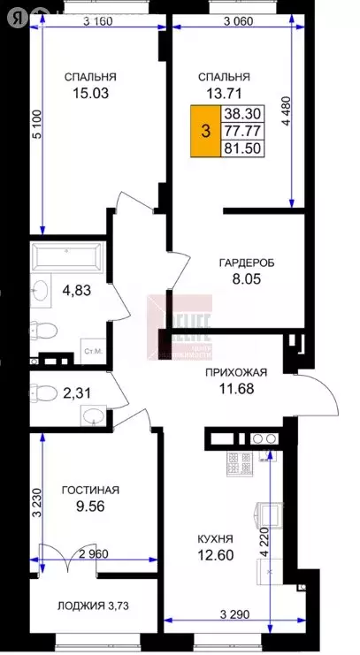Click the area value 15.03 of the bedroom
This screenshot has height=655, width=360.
[90, 92]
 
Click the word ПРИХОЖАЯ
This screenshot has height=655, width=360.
[234, 372]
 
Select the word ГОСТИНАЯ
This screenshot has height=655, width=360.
[90, 490]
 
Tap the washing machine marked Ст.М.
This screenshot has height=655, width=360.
[93, 352]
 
